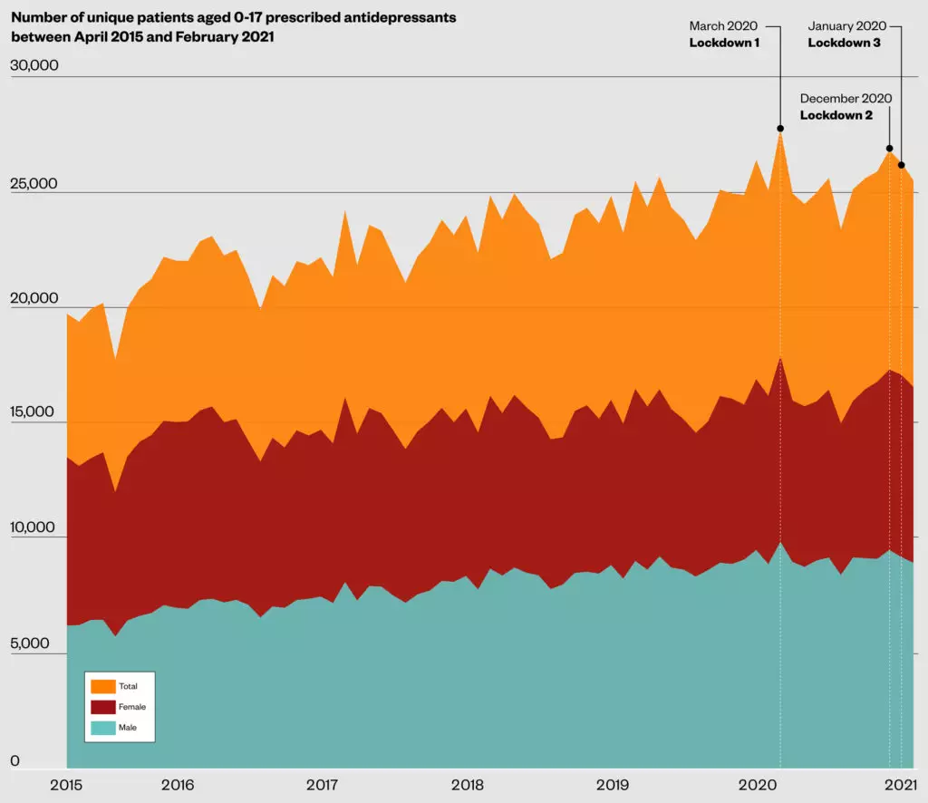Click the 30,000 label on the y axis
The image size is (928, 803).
click(x=34, y=66)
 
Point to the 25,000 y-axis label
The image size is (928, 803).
click(x=34, y=183)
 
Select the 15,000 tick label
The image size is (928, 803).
click(x=34, y=412)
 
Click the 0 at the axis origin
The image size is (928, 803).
click(x=14, y=761)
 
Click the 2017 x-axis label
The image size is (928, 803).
click(x=323, y=784)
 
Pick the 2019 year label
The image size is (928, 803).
click(x=614, y=784)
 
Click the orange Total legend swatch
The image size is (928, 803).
click(x=103, y=686)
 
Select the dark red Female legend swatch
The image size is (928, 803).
click(x=103, y=707)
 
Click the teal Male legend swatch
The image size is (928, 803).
click(x=103, y=728)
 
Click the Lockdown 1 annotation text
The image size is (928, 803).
click(x=724, y=42)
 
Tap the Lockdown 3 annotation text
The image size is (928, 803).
click(x=844, y=42)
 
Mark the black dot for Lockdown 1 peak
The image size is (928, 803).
click(x=780, y=129)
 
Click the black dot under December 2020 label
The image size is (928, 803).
click(x=890, y=148)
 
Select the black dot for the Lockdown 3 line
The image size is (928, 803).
click(x=901, y=165)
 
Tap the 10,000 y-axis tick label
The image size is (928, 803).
click(x=34, y=527)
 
